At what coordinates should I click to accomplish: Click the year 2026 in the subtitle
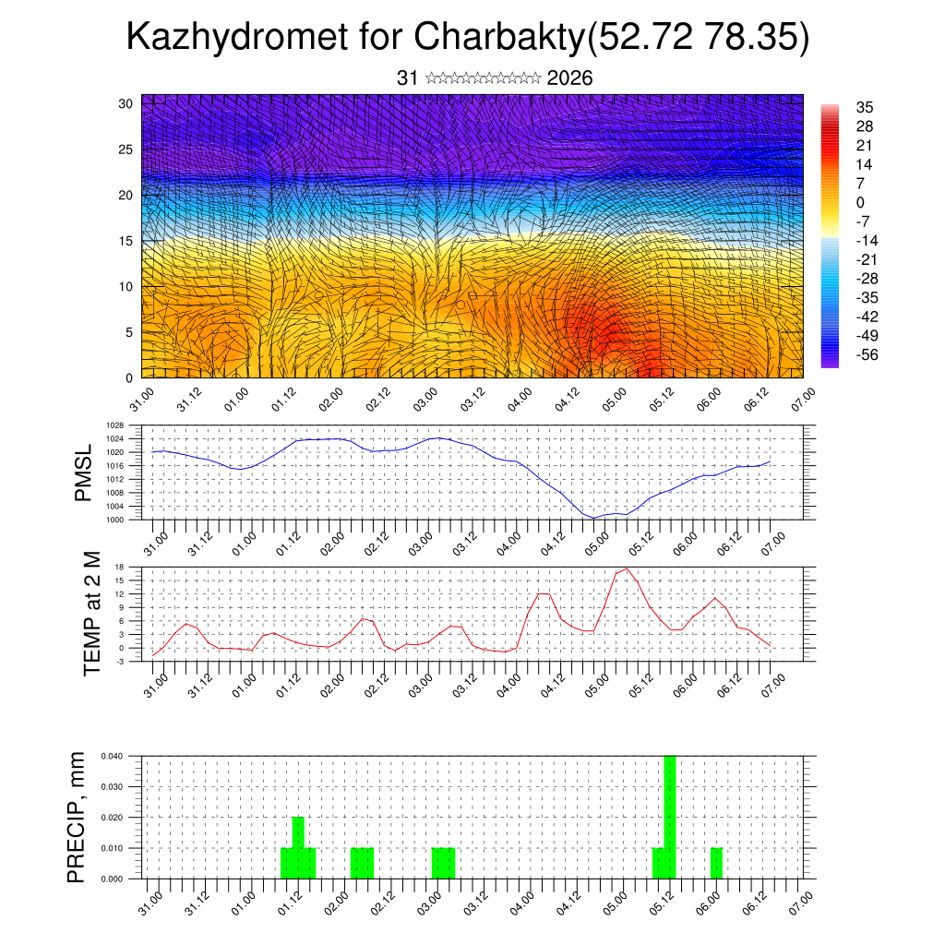569,78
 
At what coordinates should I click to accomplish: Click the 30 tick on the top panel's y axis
126,103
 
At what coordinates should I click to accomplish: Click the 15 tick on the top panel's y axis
126,241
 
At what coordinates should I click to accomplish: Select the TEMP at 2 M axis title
91,613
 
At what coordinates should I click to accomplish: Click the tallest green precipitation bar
670,817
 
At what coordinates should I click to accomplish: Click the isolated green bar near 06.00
717,863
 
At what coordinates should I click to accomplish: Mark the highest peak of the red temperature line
628,568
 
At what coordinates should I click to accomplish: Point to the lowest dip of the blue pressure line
594,518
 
